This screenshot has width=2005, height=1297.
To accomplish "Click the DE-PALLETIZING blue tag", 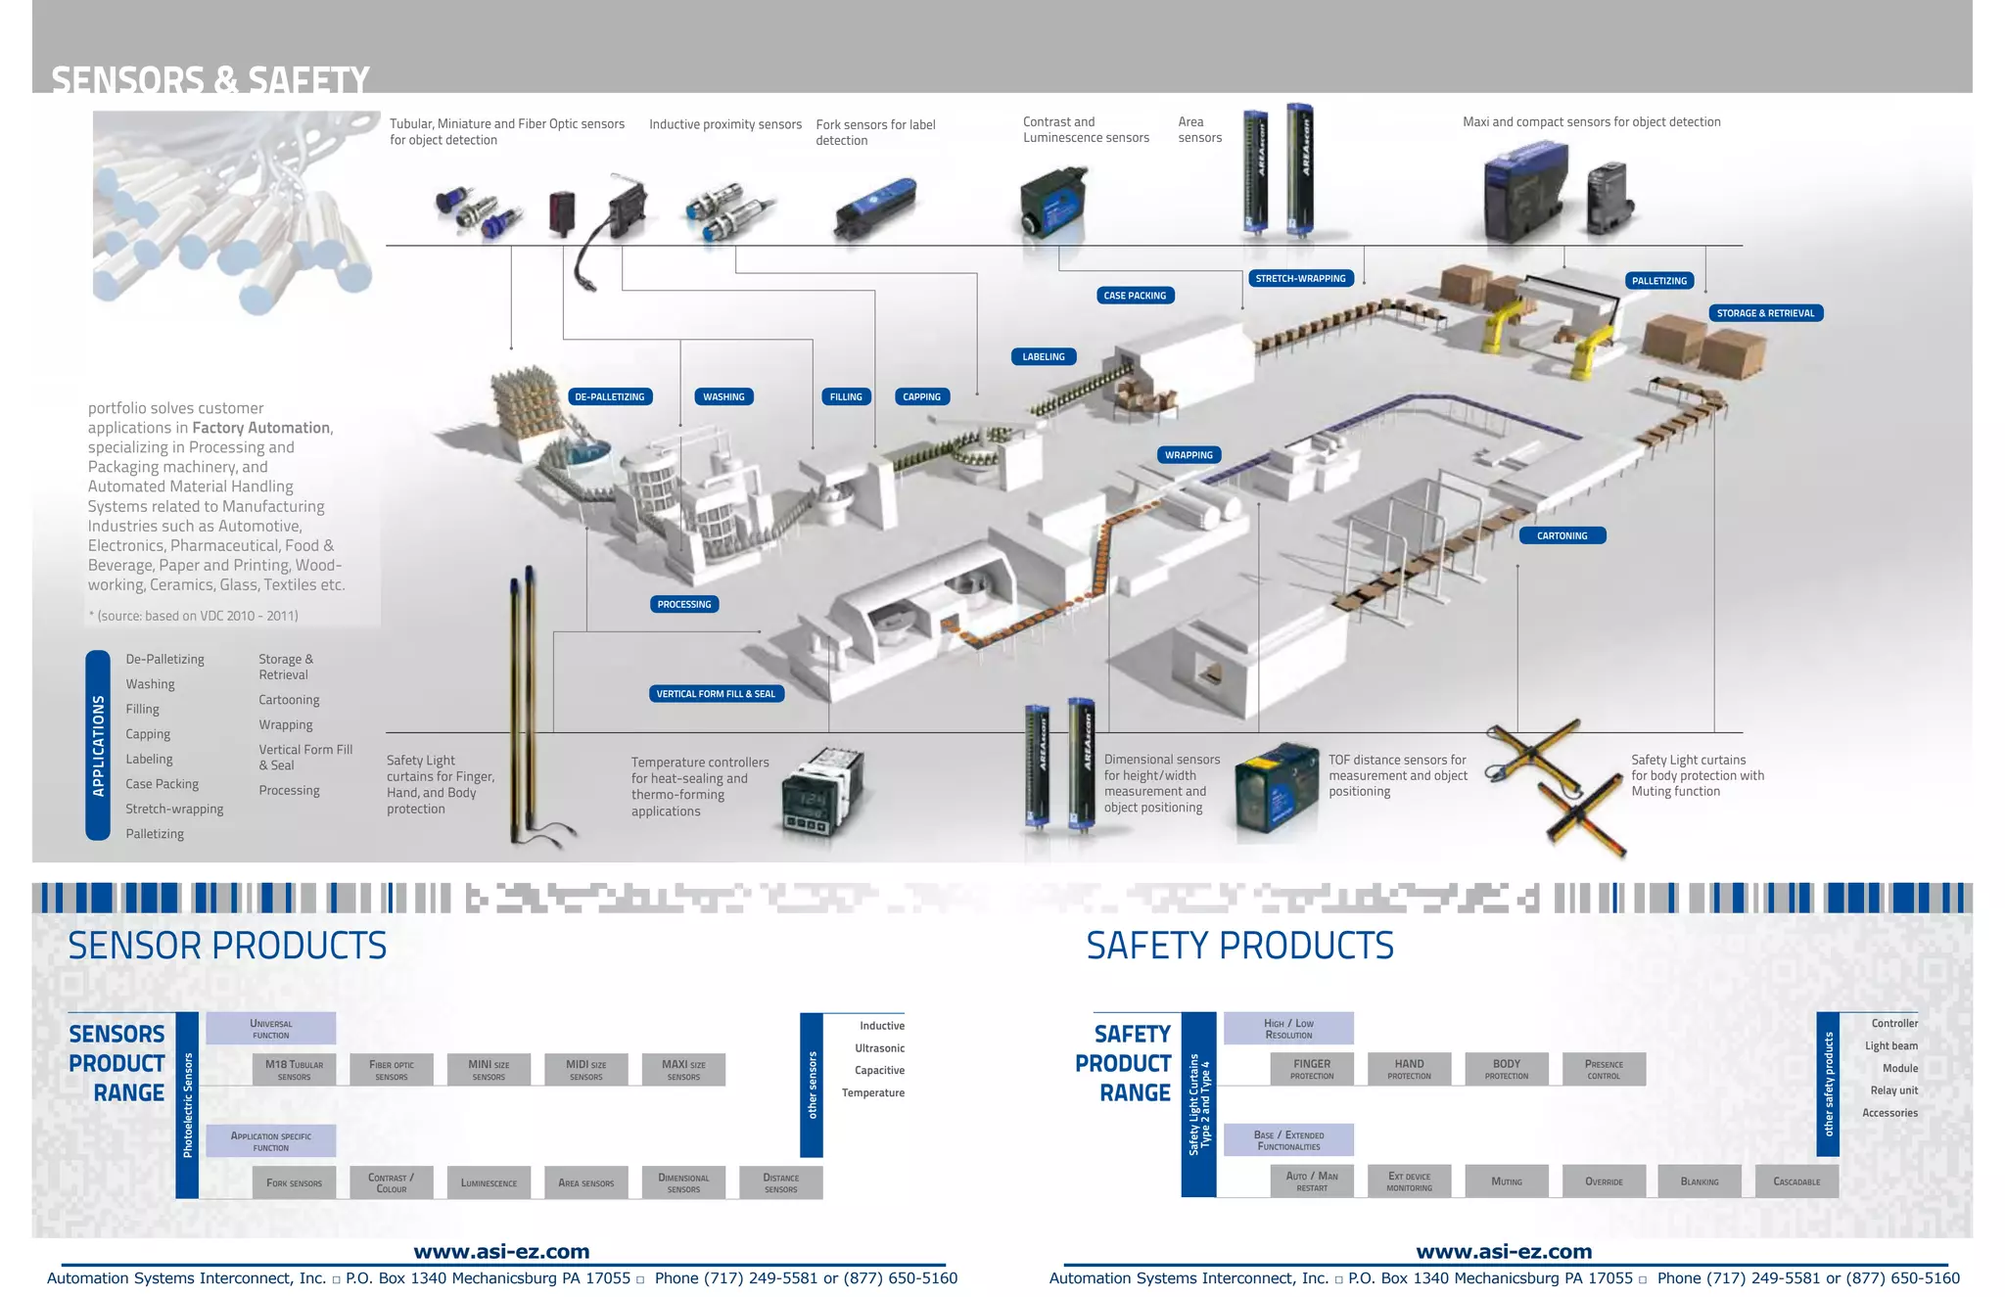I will click(610, 396).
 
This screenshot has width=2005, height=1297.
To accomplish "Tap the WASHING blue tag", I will click(723, 396).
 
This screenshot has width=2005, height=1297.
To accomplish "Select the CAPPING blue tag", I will click(921, 396).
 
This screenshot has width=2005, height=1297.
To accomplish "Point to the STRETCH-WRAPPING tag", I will click(1300, 278).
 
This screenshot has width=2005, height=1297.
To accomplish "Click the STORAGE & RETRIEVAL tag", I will click(1765, 313).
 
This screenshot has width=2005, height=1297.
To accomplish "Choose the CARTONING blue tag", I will click(1562, 535).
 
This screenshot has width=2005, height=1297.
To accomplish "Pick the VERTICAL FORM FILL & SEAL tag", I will click(716, 694).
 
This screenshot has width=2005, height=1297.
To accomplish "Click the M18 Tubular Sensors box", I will click(294, 1069).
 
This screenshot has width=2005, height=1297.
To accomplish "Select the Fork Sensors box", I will click(294, 1182).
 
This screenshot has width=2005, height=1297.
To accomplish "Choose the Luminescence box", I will click(489, 1182).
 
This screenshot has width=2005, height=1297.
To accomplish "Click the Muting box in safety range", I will click(1507, 1181).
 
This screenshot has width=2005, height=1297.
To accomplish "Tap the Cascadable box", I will click(1796, 1181).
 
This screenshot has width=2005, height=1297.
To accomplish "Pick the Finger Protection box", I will click(1312, 1069).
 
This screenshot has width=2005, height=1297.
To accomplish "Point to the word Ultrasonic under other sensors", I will click(879, 1048).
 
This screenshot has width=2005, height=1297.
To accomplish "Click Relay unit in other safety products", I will click(1893, 1090).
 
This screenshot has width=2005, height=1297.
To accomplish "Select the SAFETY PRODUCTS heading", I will click(1239, 946).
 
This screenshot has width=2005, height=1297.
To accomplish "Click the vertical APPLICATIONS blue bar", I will click(98, 745).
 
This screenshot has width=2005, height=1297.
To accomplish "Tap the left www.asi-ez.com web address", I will click(501, 1251).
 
